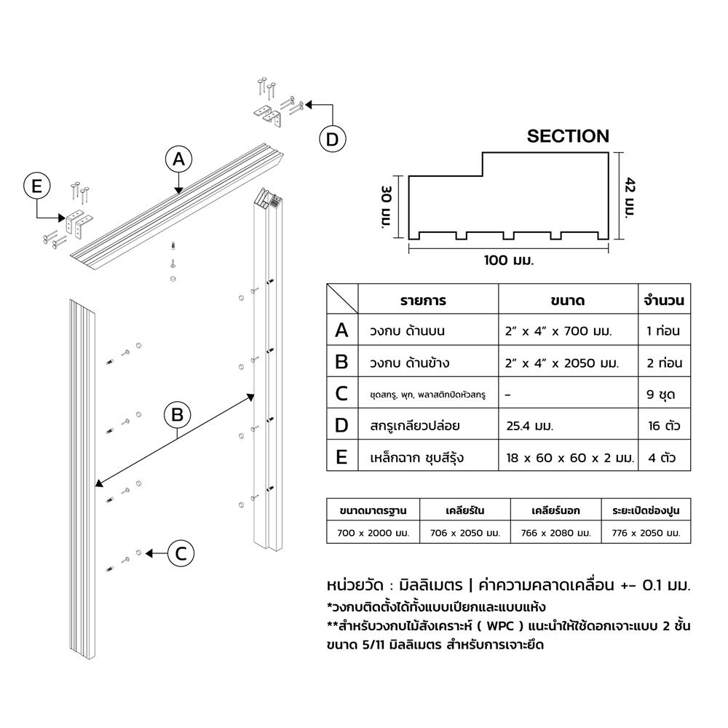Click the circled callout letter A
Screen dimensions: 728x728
coord(179,159)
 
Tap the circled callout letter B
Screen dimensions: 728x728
coord(176,415)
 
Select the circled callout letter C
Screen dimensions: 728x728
coord(181,553)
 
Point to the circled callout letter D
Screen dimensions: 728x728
coord(332,140)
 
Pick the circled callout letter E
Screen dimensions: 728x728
coord(36,186)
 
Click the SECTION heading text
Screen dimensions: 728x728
coord(568,136)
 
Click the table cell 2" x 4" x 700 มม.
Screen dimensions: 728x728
coord(558,331)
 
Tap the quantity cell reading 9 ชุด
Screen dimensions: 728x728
coord(662,395)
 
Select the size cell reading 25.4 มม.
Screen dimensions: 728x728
coord(530,427)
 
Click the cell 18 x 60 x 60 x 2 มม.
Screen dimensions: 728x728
coord(570,459)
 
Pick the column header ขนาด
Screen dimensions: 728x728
coord(568,300)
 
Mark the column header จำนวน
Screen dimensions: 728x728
coord(663,300)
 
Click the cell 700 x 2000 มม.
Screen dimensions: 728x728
coord(373,533)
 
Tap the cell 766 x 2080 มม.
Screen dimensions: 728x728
coord(555,533)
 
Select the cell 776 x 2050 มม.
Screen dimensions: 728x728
coord(646,533)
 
